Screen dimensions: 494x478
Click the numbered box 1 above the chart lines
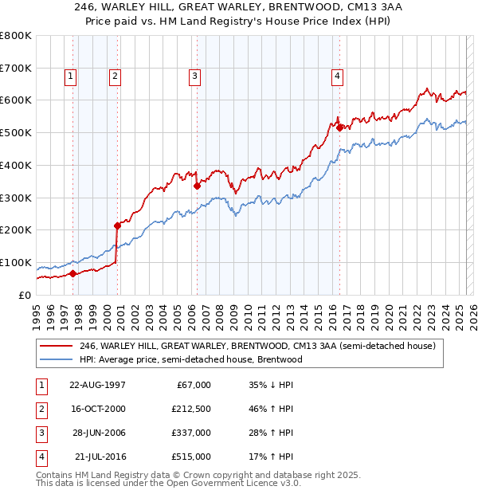tap(71, 76)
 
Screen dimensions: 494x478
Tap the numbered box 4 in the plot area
tap(338, 76)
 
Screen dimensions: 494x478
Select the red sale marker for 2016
tap(339, 127)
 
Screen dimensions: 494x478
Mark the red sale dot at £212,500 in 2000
tap(117, 225)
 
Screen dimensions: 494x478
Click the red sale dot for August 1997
tap(72, 273)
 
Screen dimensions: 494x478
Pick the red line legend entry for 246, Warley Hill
tap(257, 347)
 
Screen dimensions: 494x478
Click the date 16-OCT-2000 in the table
tap(98, 409)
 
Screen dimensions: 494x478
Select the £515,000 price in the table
tap(191, 457)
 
